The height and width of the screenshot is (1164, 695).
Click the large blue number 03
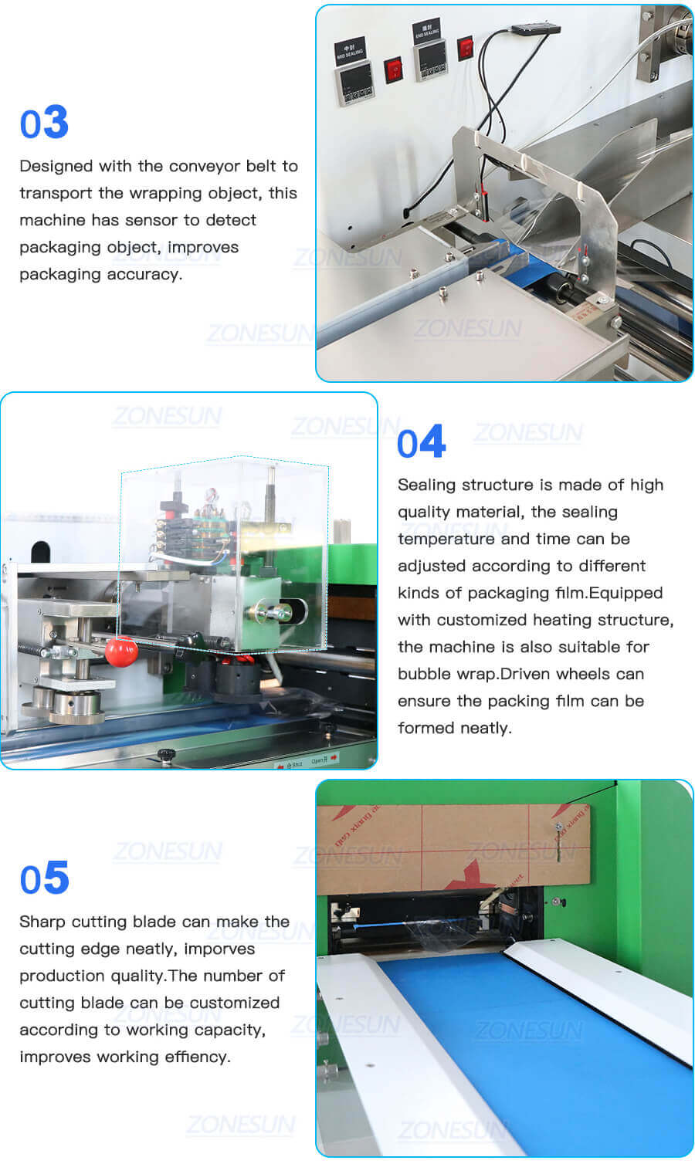click(x=44, y=123)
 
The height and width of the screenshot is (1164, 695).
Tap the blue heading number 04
click(x=421, y=442)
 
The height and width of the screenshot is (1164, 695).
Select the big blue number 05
click(x=44, y=878)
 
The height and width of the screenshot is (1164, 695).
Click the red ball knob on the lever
click(x=120, y=652)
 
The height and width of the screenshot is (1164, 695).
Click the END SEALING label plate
click(x=426, y=31)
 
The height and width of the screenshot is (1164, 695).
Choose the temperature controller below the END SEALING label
click(x=431, y=60)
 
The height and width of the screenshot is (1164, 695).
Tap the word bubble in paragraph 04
click(x=423, y=674)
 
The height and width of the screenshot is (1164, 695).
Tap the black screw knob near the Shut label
click(x=164, y=754)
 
